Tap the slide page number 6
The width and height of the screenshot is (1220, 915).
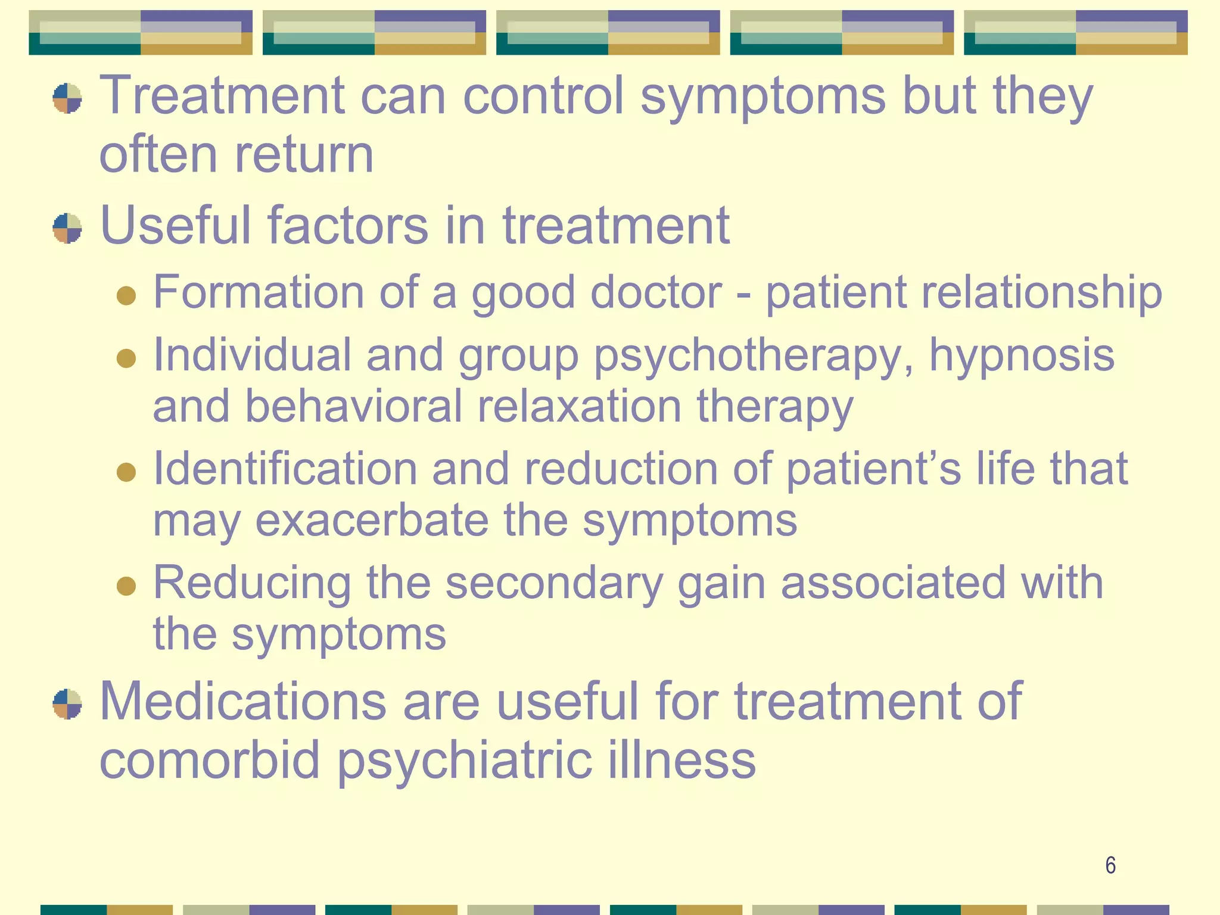pyautogui.click(x=1110, y=865)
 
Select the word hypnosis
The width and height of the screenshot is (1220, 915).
pyautogui.click(x=1021, y=355)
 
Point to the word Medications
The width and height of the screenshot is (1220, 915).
pyautogui.click(x=243, y=702)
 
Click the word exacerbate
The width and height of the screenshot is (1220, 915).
pyautogui.click(x=372, y=520)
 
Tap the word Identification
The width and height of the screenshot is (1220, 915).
pyautogui.click(x=285, y=468)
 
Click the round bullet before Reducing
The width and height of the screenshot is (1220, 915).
pyautogui.click(x=126, y=585)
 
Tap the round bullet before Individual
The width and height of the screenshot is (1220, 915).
pyautogui.click(x=126, y=358)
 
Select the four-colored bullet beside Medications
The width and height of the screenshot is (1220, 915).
pyautogui.click(x=67, y=704)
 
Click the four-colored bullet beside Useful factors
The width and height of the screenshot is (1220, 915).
pyautogui.click(x=67, y=228)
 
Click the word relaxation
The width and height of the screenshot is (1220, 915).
pyautogui.click(x=579, y=406)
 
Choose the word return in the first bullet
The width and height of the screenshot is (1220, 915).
pyautogui.click(x=304, y=155)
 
